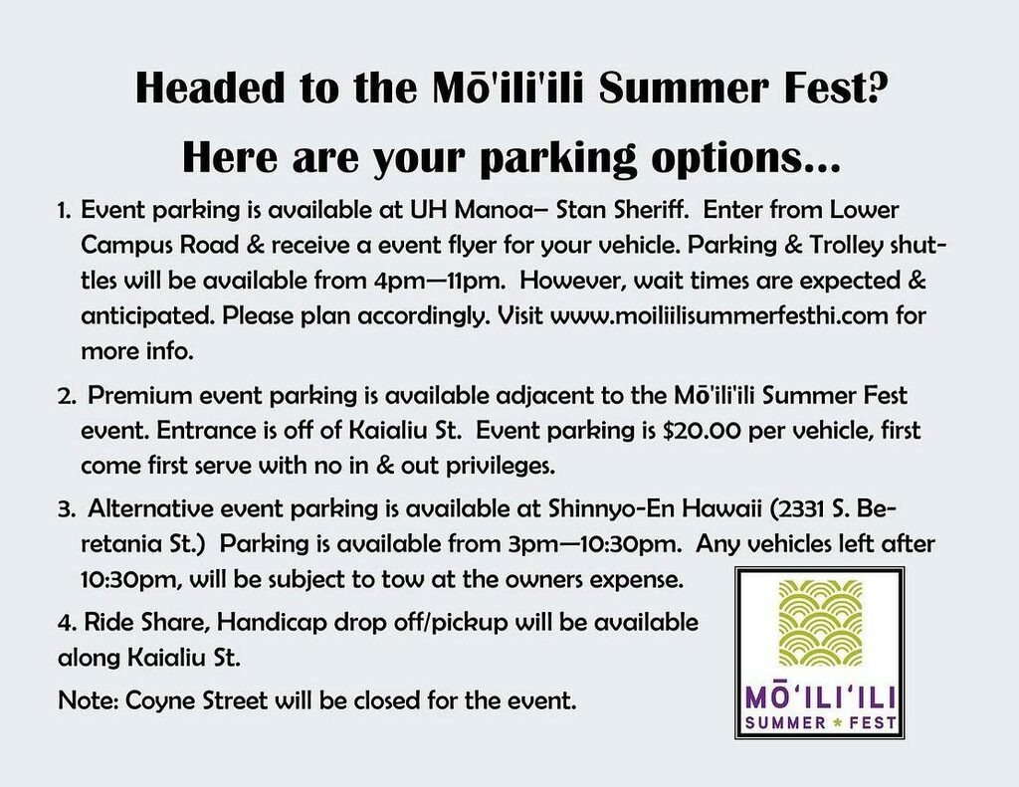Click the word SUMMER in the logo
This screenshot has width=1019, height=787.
[x=787, y=721]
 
